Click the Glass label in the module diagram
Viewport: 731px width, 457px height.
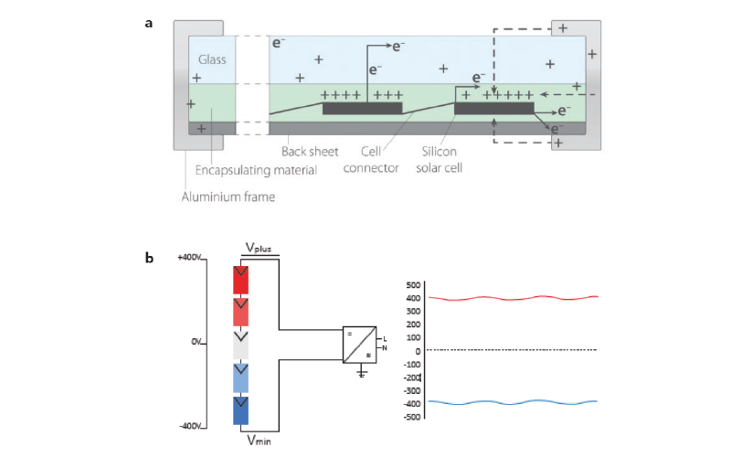pos(213,60)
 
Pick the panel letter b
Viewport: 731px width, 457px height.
pos(149,259)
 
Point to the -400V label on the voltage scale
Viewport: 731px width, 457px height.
pos(189,427)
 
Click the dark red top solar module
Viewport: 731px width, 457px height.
pos(241,279)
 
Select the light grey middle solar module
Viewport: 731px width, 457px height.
pos(241,345)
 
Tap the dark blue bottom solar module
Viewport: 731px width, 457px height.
pos(241,410)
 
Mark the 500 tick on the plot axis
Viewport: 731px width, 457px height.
pos(413,284)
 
